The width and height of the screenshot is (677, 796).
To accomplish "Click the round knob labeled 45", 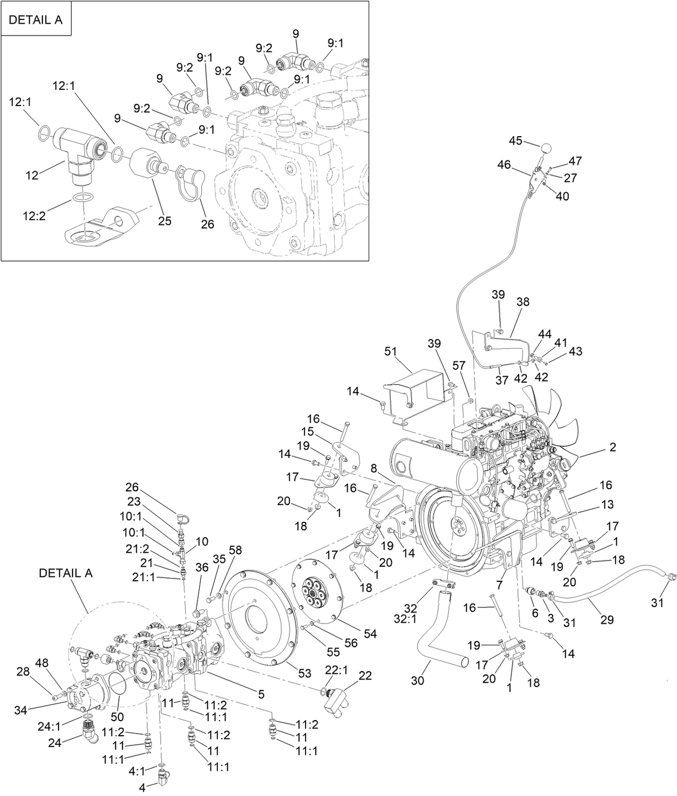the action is click(547, 148).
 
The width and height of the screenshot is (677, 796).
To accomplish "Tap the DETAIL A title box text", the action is click(36, 20).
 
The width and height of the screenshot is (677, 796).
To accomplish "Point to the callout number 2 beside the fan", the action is click(613, 447).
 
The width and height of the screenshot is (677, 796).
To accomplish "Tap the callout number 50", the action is click(118, 717).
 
